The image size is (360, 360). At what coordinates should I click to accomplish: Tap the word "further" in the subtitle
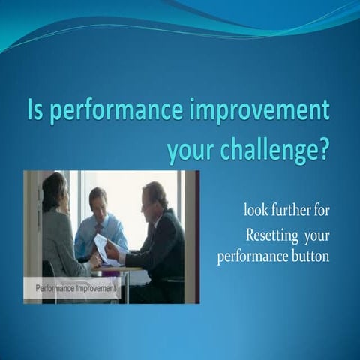tap(286, 208)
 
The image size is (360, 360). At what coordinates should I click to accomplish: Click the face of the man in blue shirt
tap(98, 201)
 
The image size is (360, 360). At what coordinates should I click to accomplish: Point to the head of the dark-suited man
tap(153, 196)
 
